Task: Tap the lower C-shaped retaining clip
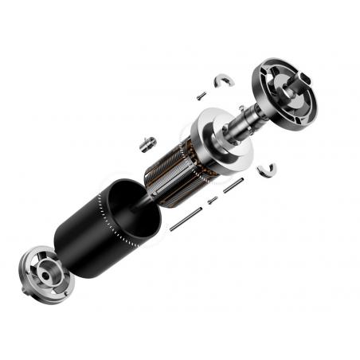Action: (268, 169)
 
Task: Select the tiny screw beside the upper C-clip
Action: (202, 95)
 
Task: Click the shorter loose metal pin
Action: (233, 186)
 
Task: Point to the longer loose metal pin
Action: (186, 218)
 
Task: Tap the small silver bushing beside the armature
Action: (146, 143)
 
